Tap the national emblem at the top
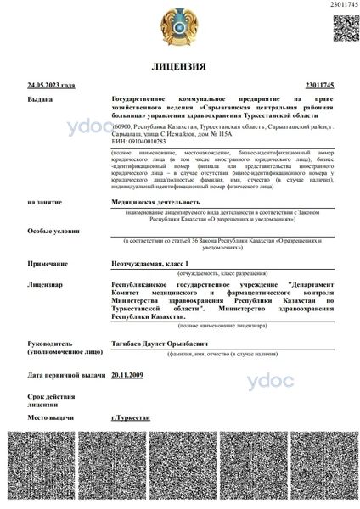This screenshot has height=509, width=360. tap(179, 28)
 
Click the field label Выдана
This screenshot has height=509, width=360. tap(39, 98)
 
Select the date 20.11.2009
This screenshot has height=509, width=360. tap(127, 374)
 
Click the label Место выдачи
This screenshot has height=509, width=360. tap(50, 419)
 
